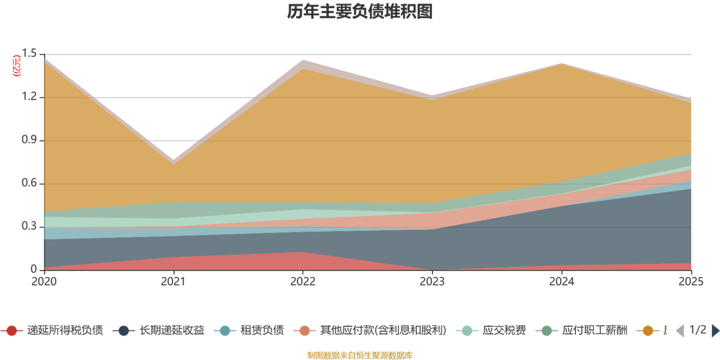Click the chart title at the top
(359, 12)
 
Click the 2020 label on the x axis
(43, 281)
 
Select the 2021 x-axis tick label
(173, 281)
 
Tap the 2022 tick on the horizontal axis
(303, 281)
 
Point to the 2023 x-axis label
(433, 281)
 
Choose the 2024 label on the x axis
(562, 281)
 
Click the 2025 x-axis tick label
(691, 281)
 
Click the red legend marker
(12, 330)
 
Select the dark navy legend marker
(124, 330)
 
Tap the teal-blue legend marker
(225, 330)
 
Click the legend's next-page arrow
(713, 330)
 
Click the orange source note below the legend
(359, 354)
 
